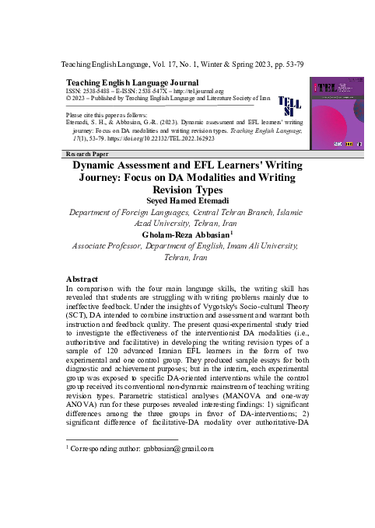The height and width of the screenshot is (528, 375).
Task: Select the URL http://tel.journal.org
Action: point(193,91)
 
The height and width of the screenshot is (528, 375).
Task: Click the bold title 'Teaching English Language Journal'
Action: point(133,82)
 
